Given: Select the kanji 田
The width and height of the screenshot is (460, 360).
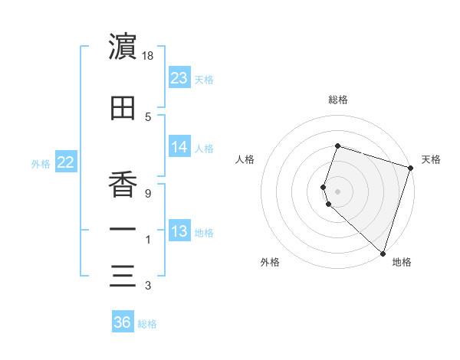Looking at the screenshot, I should [x=123, y=110].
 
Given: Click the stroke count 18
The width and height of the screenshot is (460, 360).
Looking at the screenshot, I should [x=149, y=56].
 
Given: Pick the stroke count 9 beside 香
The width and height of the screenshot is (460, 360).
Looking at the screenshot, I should [x=148, y=193].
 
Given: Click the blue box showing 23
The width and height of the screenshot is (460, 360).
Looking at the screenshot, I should [x=179, y=78].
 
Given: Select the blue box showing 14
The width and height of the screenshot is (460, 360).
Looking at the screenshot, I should [x=179, y=148].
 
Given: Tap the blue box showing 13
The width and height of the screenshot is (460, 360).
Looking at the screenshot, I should [x=179, y=232].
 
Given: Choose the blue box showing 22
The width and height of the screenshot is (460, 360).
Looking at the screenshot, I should [x=66, y=162].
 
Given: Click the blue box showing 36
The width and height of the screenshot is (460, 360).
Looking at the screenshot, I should [x=123, y=322].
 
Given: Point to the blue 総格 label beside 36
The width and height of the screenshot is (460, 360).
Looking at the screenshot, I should [x=147, y=324].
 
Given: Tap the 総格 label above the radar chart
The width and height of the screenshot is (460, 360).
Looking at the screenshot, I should [x=338, y=100].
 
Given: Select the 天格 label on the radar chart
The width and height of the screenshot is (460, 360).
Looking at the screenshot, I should [x=431, y=159].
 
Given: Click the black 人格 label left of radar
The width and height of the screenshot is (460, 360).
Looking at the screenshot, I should [x=245, y=159].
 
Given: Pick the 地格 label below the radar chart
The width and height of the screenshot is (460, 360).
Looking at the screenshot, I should [x=402, y=262].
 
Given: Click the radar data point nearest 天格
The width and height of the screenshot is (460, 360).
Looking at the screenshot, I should [x=409, y=169].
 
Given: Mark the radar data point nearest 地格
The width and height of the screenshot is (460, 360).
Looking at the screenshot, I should [x=383, y=253].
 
